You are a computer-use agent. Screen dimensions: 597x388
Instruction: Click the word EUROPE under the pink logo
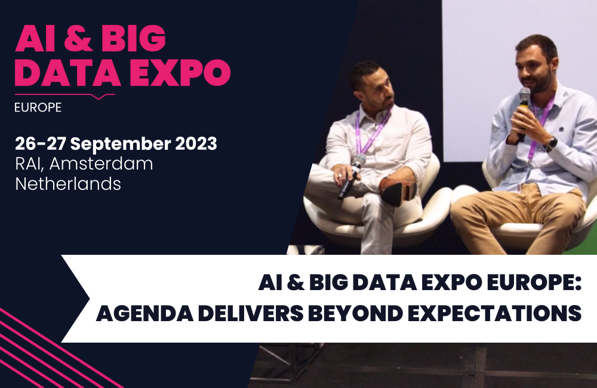(38, 107)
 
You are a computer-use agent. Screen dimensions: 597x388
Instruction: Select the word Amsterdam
(101, 164)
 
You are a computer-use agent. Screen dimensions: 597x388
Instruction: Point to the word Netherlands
(68, 184)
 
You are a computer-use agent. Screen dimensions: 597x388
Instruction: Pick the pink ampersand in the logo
(78, 38)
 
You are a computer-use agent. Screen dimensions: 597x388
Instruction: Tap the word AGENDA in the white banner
(144, 313)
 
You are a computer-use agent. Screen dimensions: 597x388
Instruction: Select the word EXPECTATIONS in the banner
(494, 313)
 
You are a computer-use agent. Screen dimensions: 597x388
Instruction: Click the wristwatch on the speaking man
(550, 143)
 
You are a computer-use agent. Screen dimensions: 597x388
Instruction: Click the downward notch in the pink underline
(99, 97)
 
